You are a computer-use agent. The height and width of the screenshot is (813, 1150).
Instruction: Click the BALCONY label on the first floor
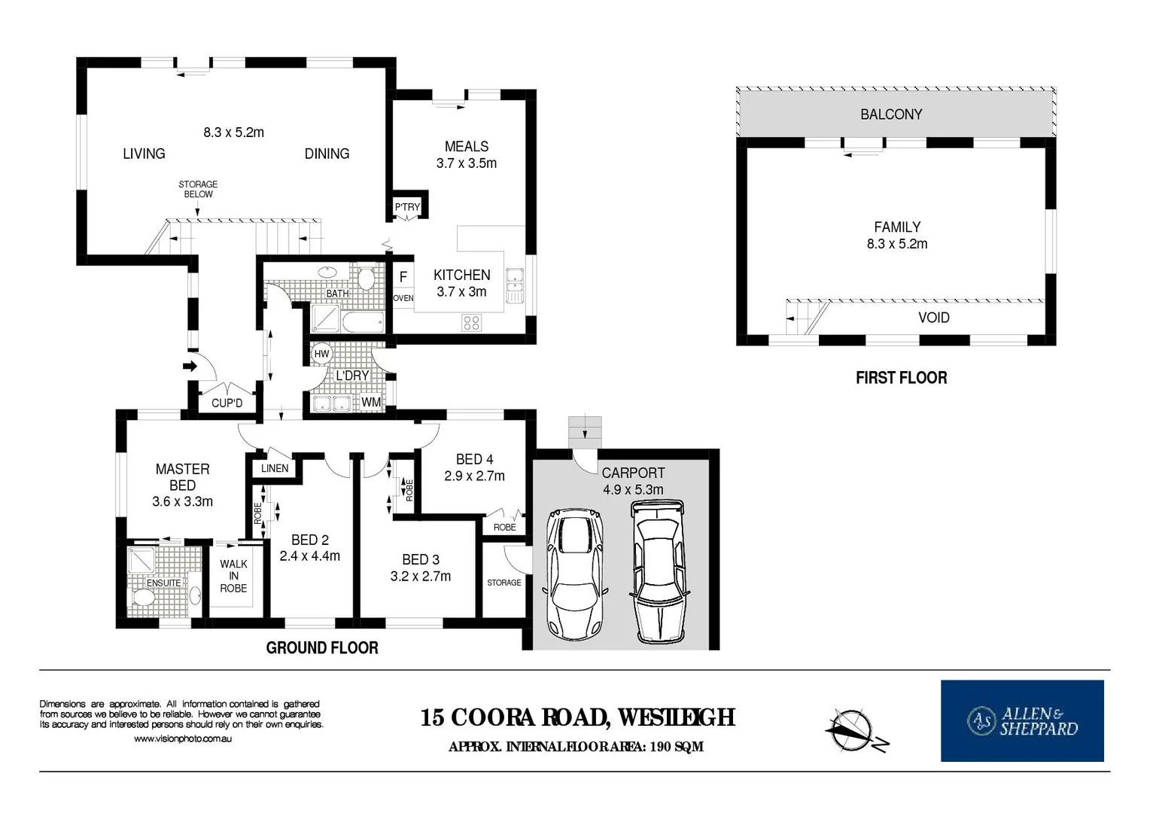(x=891, y=114)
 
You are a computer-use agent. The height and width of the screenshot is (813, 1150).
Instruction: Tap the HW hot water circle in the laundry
(x=321, y=353)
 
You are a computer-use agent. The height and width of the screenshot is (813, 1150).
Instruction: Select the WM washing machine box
(x=371, y=402)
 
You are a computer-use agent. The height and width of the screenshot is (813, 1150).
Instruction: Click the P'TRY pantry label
(x=407, y=207)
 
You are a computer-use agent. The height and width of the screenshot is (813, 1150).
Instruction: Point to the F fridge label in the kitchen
(x=403, y=277)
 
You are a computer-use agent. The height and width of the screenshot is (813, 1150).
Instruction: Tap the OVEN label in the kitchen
(x=403, y=298)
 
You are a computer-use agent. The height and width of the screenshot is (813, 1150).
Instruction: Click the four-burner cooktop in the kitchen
(x=471, y=323)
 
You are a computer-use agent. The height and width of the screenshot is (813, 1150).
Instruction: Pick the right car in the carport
(x=659, y=571)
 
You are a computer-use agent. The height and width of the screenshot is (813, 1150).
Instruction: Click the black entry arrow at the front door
(x=190, y=366)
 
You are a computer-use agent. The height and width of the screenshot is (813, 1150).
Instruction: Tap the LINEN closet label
(x=275, y=468)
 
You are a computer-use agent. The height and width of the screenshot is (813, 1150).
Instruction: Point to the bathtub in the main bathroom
(x=363, y=322)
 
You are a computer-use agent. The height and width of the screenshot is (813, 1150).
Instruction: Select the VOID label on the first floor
(x=934, y=318)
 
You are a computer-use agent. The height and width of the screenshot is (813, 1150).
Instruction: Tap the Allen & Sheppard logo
(x=1022, y=720)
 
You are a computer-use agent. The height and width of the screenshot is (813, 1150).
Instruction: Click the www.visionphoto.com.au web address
(x=183, y=738)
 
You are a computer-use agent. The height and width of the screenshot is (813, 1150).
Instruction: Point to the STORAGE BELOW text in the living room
(x=198, y=189)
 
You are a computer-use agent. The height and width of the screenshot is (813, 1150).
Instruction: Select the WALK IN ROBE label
(x=233, y=576)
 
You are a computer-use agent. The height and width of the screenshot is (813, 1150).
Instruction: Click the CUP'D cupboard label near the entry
(x=227, y=403)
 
